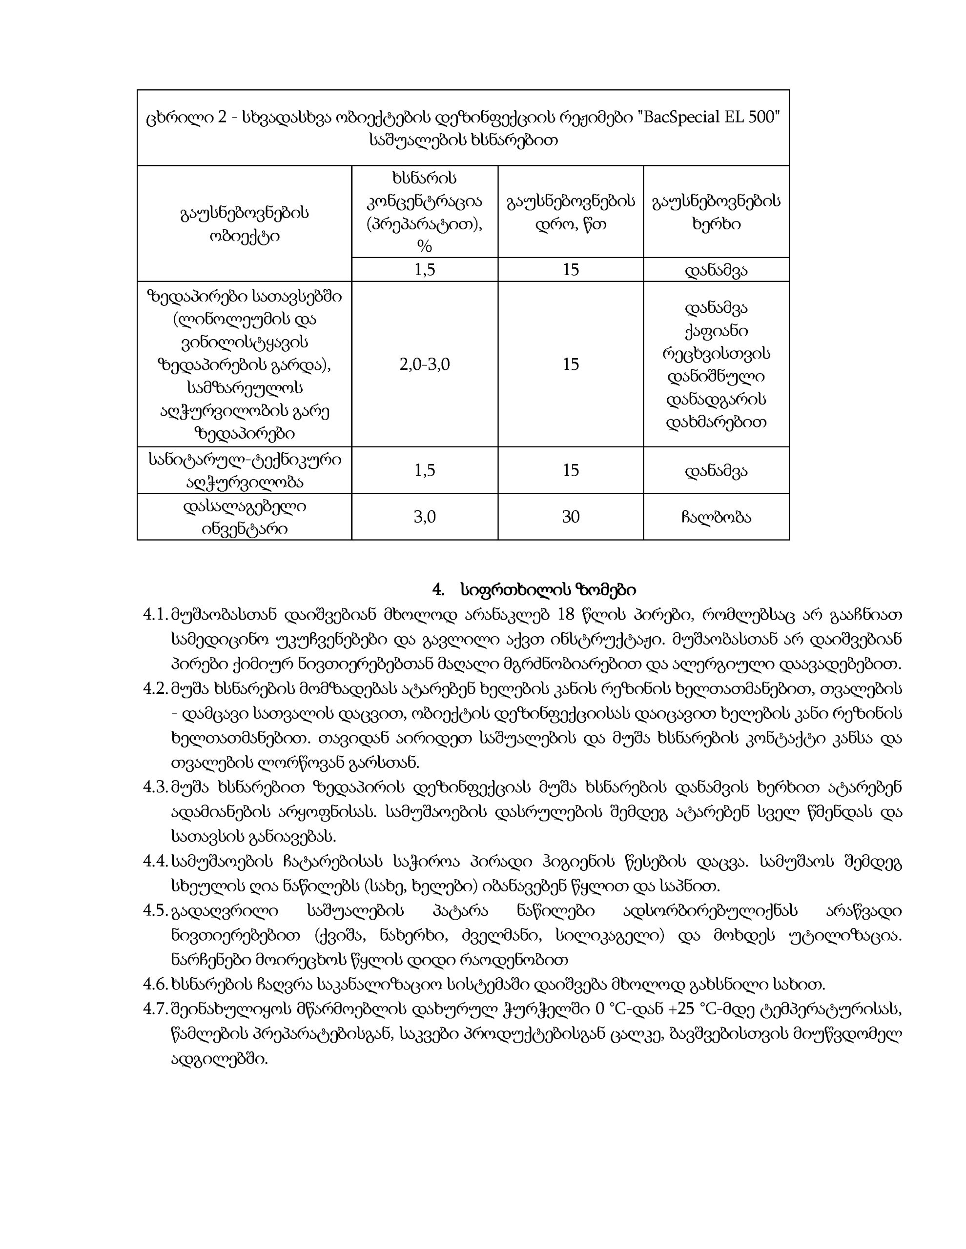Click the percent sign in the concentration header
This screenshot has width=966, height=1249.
click(425, 246)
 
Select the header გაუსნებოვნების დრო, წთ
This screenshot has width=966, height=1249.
click(571, 212)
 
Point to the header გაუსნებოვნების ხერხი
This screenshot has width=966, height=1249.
click(716, 212)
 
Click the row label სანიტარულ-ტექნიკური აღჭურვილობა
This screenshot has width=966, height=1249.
click(245, 471)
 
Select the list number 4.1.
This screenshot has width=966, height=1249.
click(155, 615)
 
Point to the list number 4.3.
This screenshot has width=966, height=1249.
click(155, 787)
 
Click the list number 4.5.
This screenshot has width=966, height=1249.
click(155, 910)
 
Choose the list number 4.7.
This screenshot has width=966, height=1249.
click(155, 1009)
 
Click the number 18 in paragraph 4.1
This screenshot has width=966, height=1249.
click(565, 615)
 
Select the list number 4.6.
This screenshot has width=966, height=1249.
click(155, 985)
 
